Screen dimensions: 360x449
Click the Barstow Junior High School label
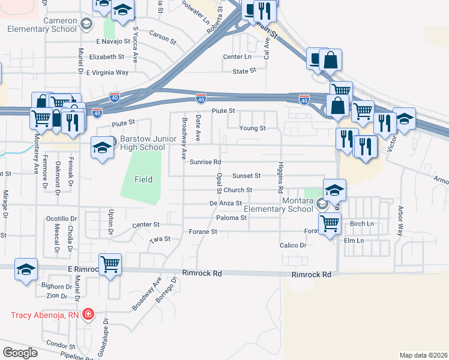point(142,143)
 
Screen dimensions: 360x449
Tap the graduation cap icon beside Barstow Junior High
point(103,147)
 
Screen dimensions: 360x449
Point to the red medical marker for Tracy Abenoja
point(88,314)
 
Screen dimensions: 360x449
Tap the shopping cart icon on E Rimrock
point(110,263)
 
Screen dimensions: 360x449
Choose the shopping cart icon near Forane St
point(330,224)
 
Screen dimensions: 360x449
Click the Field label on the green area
point(143,179)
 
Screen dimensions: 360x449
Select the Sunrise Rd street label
point(205,162)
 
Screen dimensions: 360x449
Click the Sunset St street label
point(247,176)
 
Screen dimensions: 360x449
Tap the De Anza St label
point(225,204)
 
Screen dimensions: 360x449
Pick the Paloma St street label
point(232,218)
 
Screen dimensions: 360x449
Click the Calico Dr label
point(293,245)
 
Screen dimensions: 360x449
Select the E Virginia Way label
point(107,73)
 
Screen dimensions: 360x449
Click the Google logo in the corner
point(20,353)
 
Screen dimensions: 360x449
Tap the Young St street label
point(252,128)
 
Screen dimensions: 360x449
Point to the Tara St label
point(160,239)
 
